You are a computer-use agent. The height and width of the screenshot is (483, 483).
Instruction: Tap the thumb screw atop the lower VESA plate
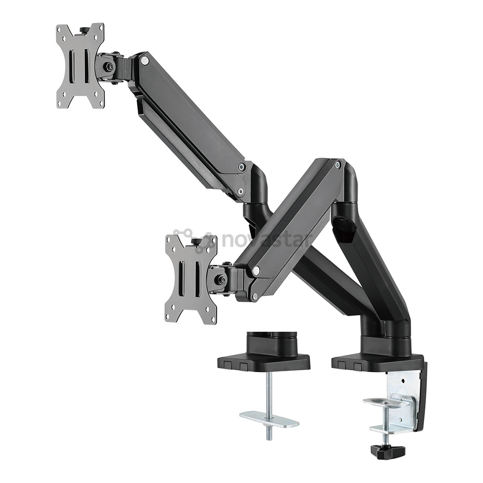pyautogui.click(x=196, y=242)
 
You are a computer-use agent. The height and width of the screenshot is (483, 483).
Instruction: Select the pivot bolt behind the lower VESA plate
pyautogui.click(x=220, y=280)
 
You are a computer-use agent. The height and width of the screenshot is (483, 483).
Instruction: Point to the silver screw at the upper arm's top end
pyautogui.click(x=144, y=60)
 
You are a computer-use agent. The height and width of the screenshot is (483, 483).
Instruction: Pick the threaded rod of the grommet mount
pyautogui.click(x=268, y=394)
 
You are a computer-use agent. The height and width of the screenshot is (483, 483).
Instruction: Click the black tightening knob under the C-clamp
pyautogui.click(x=387, y=452)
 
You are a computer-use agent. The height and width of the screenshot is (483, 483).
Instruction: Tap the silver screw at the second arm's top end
pyautogui.click(x=338, y=165)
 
